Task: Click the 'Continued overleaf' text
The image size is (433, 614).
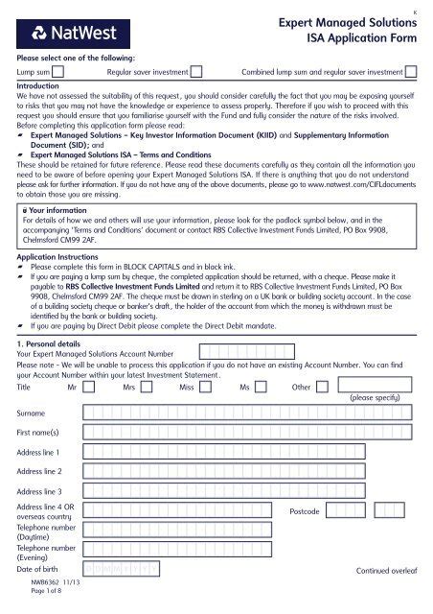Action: (385, 571)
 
